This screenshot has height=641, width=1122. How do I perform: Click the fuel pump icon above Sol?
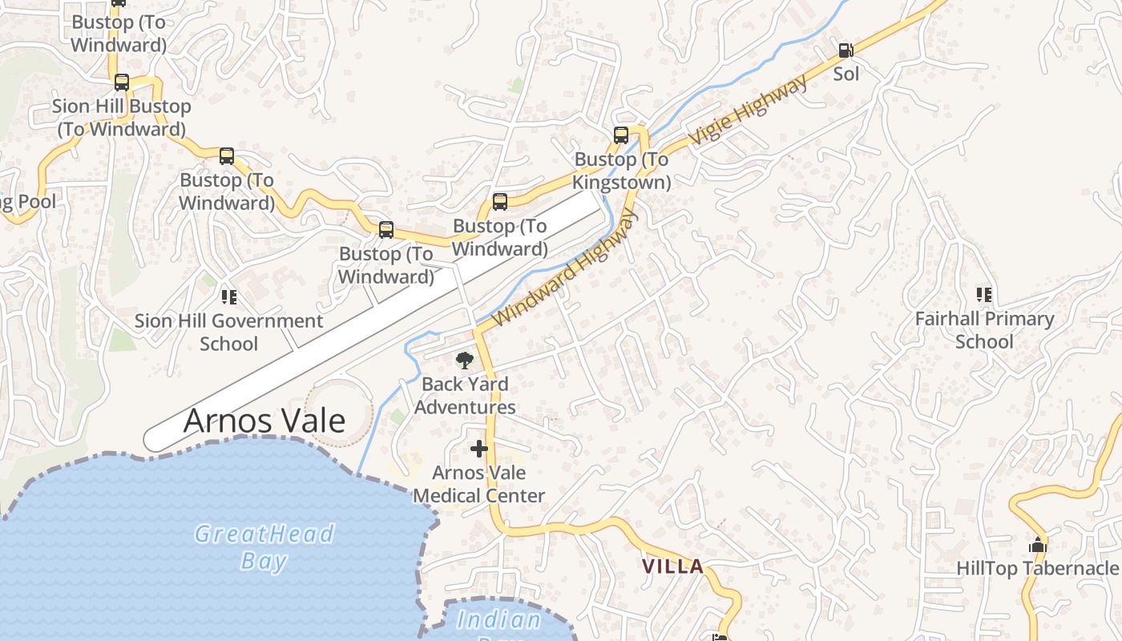tap(846, 50)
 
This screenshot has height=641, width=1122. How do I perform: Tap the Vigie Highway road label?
tap(749, 111)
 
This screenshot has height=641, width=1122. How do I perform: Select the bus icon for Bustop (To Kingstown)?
tap(621, 135)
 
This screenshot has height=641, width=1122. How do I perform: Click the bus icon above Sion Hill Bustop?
tap(122, 83)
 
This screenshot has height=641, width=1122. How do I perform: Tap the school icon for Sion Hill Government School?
tap(229, 297)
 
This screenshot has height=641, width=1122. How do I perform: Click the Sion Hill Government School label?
tap(229, 333)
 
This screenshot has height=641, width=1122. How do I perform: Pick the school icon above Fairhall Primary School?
tap(984, 295)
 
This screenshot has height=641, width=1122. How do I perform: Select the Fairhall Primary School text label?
tap(984, 330)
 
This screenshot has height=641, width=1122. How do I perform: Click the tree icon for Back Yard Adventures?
tap(464, 361)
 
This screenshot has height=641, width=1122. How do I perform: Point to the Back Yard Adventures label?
tap(465, 396)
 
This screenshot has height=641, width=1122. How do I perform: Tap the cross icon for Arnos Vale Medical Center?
tap(479, 449)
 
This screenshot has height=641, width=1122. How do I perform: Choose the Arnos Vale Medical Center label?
tap(479, 484)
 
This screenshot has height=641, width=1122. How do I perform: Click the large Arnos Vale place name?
tap(264, 421)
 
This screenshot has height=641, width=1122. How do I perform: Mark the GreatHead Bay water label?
tap(264, 546)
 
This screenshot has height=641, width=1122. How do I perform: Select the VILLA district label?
tap(673, 566)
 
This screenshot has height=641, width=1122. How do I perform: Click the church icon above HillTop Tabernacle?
tap(1038, 546)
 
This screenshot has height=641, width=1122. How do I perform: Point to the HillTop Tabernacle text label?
tap(1038, 569)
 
